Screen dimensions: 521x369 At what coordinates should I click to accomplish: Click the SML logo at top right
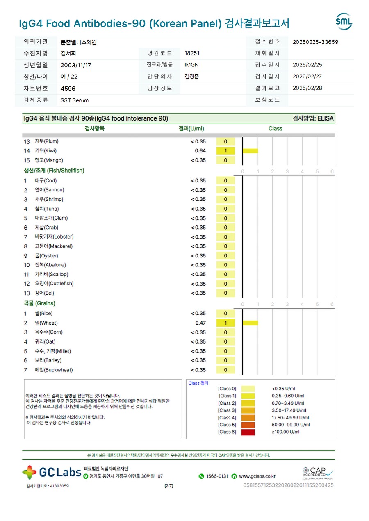[x=344, y=22]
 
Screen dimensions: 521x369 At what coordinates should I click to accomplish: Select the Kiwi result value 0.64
[x=200, y=151]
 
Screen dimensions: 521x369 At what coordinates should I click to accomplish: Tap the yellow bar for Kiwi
[x=250, y=151]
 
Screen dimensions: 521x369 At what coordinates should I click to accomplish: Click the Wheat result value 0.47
[x=200, y=323]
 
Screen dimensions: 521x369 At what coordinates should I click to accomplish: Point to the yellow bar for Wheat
[x=250, y=323]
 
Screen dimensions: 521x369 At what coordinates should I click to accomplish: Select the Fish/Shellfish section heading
[x=54, y=171]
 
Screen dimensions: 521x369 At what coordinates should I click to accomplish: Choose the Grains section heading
[x=39, y=303]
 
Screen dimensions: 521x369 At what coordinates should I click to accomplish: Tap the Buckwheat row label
[x=54, y=370]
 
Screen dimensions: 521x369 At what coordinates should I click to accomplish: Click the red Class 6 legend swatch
[x=248, y=432]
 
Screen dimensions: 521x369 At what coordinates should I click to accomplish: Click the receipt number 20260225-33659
[x=315, y=42]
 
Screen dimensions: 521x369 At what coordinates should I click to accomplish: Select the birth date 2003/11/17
[x=76, y=65]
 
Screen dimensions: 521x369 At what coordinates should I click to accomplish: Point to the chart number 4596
[x=68, y=88]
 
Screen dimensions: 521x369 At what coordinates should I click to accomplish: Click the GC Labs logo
[x=52, y=472]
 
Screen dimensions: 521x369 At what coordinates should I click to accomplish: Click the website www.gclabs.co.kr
[x=257, y=476]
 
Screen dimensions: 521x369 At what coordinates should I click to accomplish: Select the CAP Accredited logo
[x=318, y=473]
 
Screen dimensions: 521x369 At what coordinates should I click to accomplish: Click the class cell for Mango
[x=225, y=160]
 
